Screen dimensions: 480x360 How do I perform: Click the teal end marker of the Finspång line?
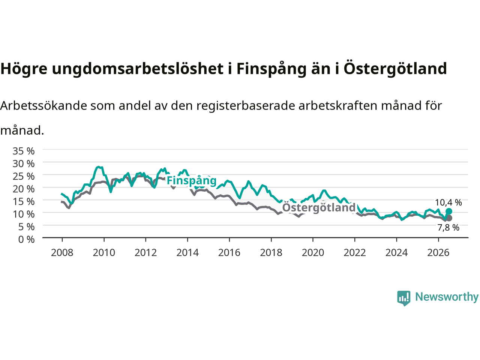(x=449, y=211)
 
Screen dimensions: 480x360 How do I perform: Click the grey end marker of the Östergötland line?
(x=449, y=218)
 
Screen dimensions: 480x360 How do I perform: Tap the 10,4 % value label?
(x=448, y=202)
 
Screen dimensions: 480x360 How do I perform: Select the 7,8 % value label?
(x=448, y=228)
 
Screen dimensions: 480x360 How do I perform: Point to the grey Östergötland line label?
(x=319, y=207)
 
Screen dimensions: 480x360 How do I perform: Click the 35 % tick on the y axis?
(x=24, y=151)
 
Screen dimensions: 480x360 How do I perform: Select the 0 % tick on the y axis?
(x=27, y=240)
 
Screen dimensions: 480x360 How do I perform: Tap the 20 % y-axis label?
(x=24, y=189)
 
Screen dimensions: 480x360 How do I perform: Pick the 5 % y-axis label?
(x=27, y=227)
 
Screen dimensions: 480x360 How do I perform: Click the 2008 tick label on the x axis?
(x=62, y=253)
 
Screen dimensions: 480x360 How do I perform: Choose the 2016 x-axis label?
(x=229, y=253)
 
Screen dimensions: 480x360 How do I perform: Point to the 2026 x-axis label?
(x=438, y=253)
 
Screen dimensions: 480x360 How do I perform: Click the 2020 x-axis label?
(x=313, y=253)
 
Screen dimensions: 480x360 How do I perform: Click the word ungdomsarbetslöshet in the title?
(x=138, y=69)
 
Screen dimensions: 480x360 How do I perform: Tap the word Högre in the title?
(x=24, y=69)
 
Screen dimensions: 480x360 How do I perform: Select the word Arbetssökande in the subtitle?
(x=44, y=106)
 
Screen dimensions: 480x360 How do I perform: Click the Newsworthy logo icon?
(x=403, y=298)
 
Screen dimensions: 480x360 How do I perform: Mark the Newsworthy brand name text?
(x=447, y=297)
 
